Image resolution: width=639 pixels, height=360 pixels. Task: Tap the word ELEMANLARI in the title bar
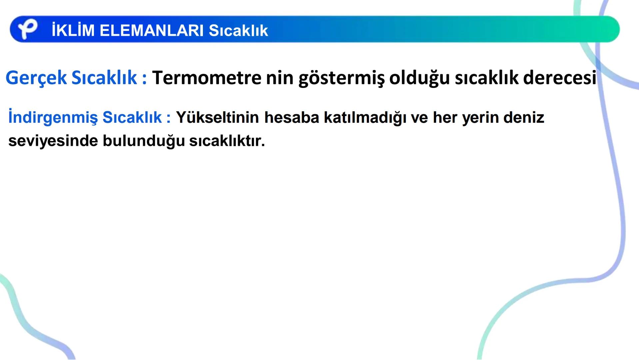click(x=152, y=30)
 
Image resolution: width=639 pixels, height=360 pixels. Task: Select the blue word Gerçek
click(x=36, y=78)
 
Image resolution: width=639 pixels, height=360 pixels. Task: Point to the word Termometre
click(x=207, y=78)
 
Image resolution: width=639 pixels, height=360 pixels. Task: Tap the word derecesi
click(x=560, y=78)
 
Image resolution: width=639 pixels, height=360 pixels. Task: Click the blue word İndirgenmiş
click(x=53, y=118)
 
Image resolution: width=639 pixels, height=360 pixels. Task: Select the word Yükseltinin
click(x=217, y=117)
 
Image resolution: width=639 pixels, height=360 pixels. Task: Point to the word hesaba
click(x=292, y=117)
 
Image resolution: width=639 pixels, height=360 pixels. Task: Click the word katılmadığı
click(x=365, y=118)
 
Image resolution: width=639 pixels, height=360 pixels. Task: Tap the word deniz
click(x=523, y=117)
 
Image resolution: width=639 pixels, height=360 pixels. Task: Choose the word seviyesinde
click(x=53, y=141)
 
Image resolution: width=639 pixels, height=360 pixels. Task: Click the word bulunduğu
click(x=144, y=141)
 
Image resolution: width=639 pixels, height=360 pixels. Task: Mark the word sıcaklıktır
click(x=227, y=141)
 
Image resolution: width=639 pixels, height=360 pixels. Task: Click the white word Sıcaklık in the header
click(x=238, y=30)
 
